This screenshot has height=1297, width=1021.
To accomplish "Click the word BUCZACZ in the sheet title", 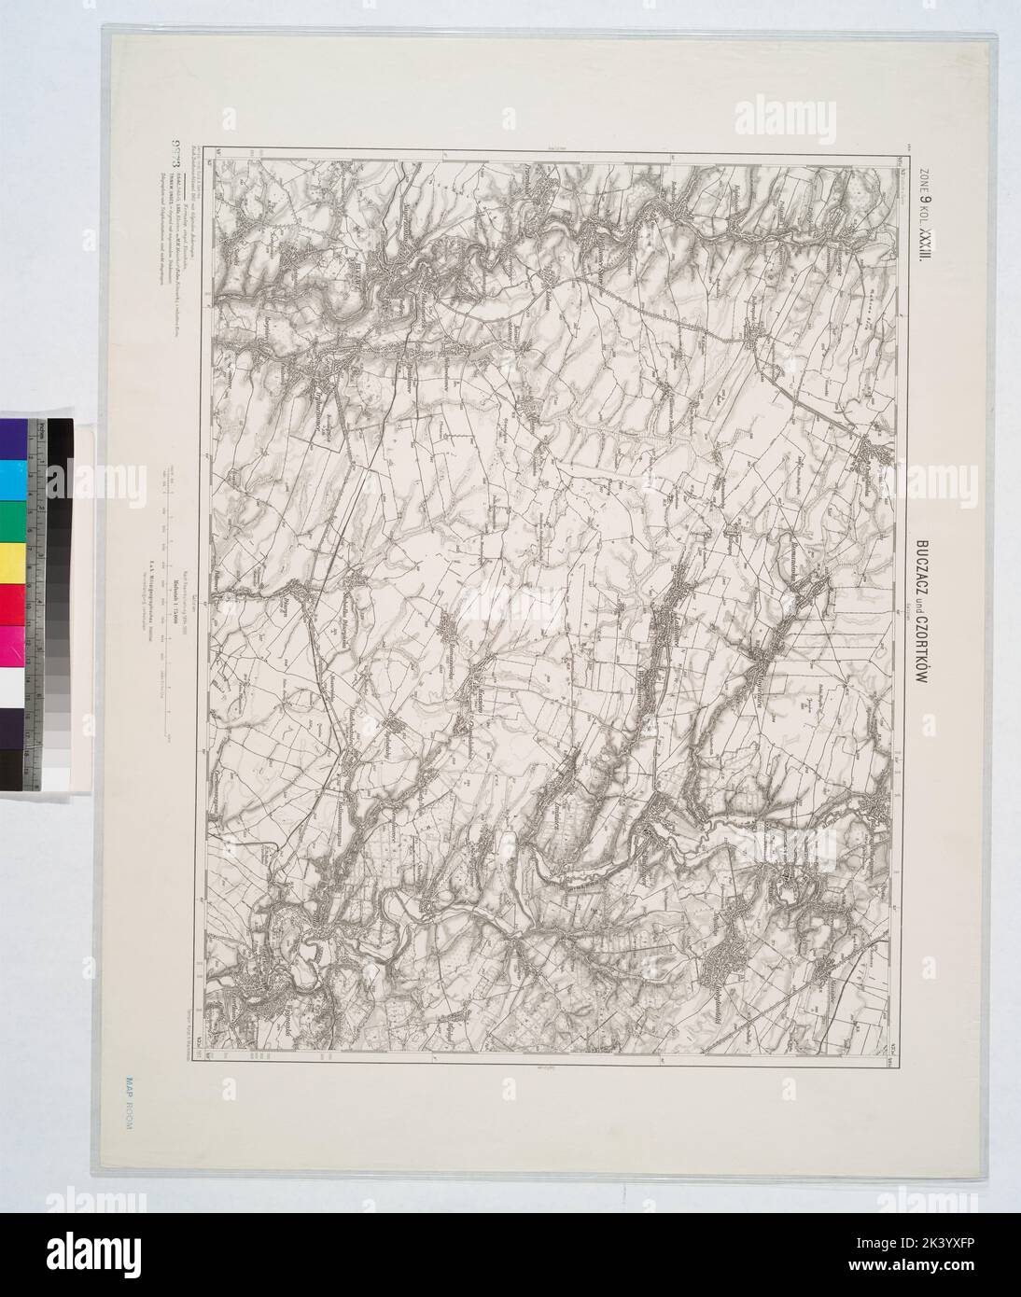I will [x=922, y=568].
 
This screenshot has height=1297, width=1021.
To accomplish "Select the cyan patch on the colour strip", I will [x=13, y=478].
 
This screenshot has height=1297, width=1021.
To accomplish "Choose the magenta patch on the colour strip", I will [x=13, y=644].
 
